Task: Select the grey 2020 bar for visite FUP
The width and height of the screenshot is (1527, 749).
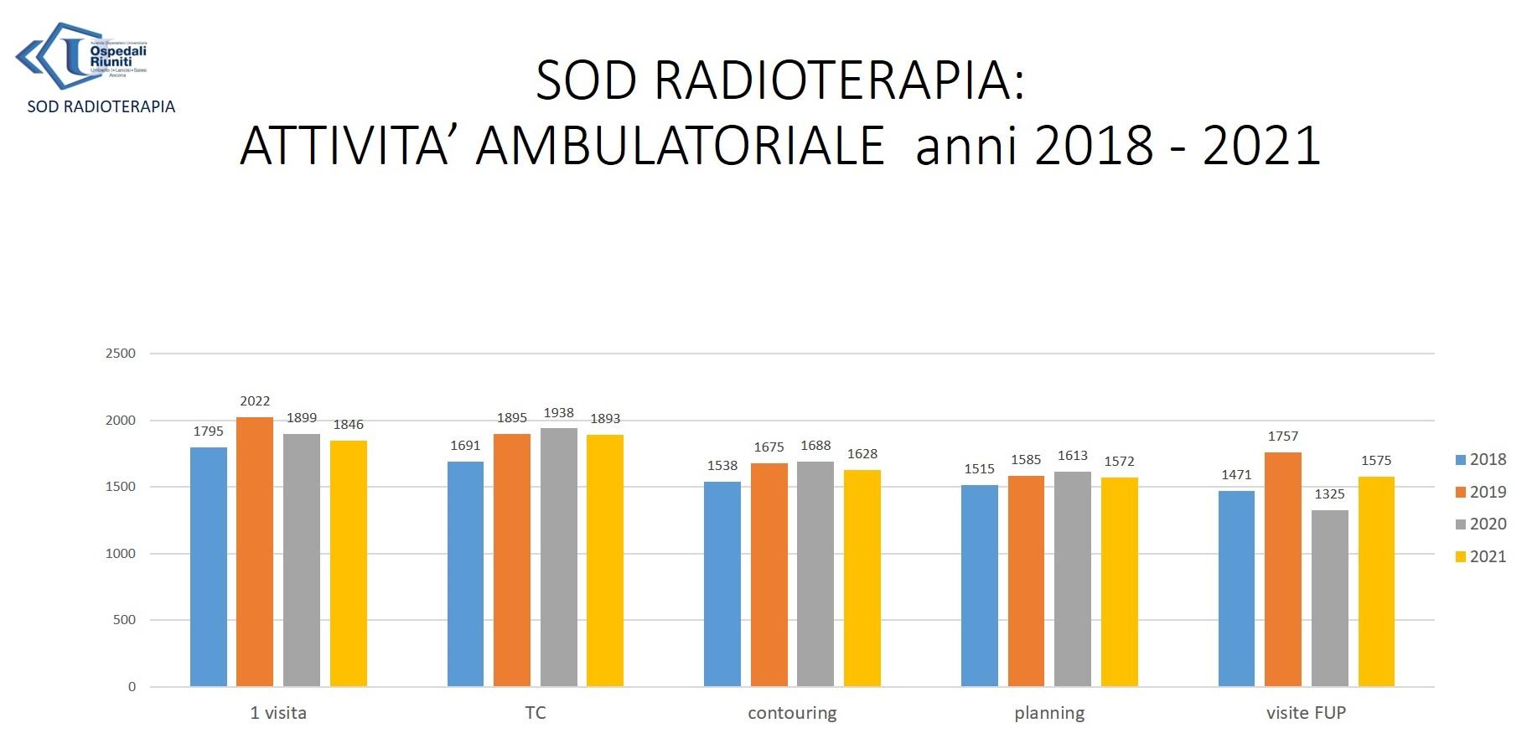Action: (x=1329, y=598)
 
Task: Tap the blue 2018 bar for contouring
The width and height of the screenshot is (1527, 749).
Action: (x=722, y=584)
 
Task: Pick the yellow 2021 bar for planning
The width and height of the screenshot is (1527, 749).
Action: (x=1119, y=581)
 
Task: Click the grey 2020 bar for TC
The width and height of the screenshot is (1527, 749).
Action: (x=558, y=557)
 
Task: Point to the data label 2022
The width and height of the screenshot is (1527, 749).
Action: (x=255, y=401)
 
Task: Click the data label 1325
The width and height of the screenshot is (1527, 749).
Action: (x=1329, y=494)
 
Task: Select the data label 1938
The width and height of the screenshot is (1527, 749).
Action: (x=558, y=413)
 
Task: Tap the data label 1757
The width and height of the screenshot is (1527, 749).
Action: (x=1282, y=436)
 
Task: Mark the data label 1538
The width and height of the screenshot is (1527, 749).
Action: (x=722, y=466)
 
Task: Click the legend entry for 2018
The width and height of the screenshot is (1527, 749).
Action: (x=1481, y=460)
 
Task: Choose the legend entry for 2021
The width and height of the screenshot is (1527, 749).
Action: (x=1481, y=557)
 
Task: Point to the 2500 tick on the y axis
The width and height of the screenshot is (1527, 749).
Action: (x=121, y=354)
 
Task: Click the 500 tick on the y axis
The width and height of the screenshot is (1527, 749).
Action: (x=124, y=620)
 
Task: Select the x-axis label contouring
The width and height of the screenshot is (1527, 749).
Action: (x=792, y=713)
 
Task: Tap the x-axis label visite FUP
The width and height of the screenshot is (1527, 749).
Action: (x=1306, y=713)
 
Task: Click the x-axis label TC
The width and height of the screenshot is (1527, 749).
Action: (x=535, y=713)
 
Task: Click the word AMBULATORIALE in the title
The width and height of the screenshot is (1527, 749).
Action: (x=680, y=146)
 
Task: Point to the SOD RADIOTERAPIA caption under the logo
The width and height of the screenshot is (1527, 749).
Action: (x=101, y=107)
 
